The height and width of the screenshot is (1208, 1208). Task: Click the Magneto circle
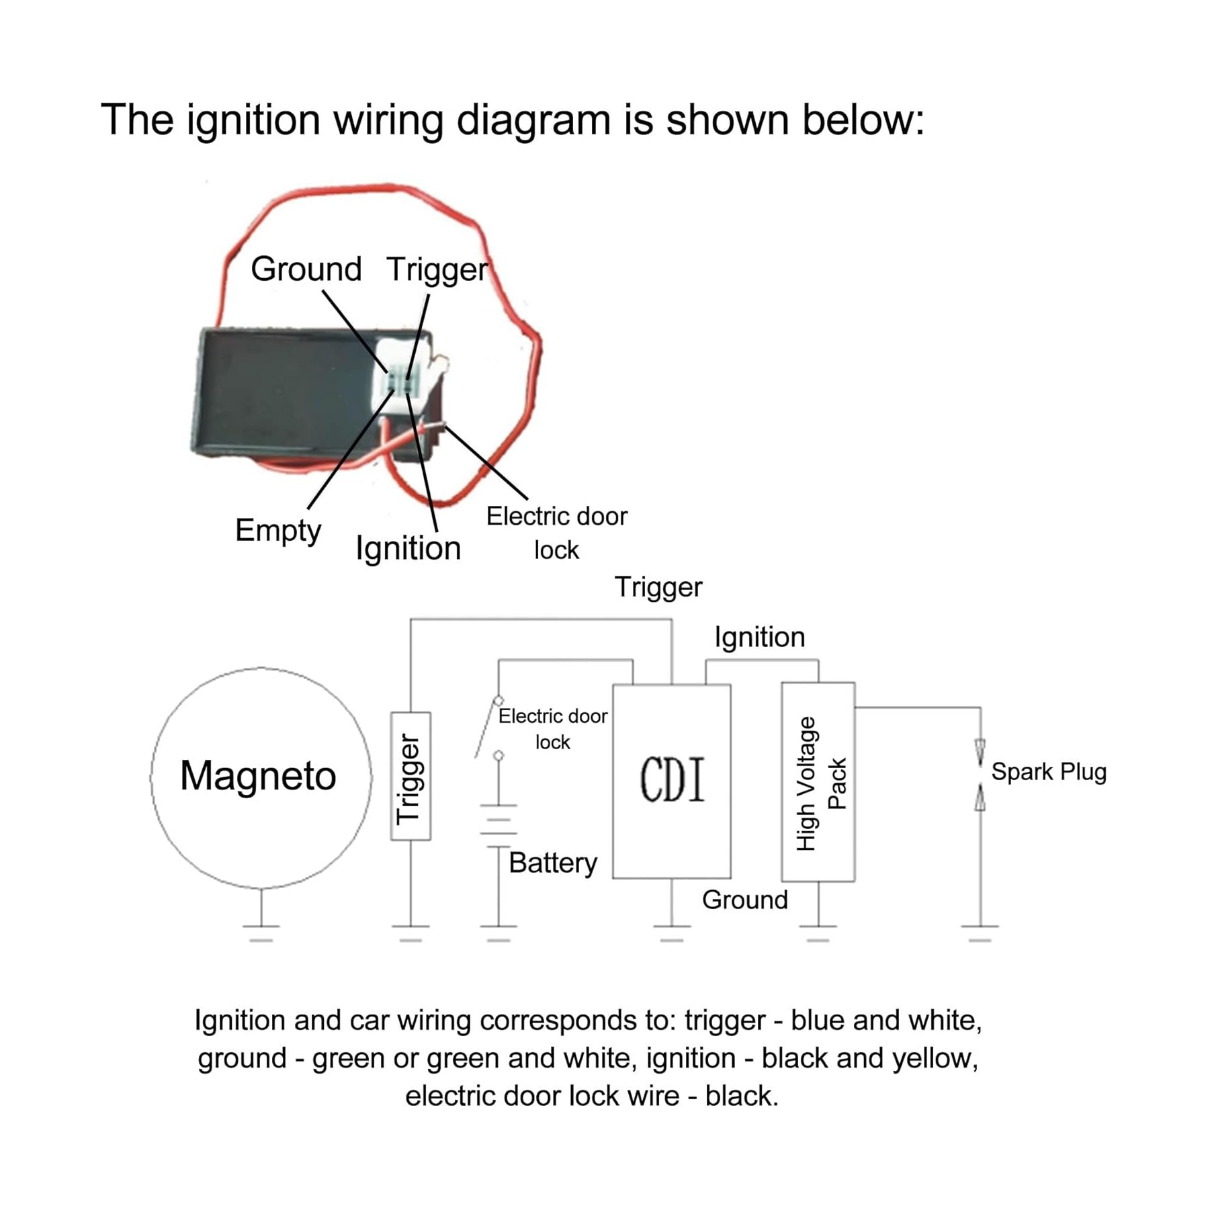(x=261, y=777)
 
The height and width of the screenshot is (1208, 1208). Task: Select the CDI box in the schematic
(x=671, y=781)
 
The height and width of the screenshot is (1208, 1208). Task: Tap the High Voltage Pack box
(x=818, y=782)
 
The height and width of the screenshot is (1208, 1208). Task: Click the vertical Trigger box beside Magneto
(x=411, y=776)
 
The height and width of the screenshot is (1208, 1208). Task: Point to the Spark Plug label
(x=1048, y=772)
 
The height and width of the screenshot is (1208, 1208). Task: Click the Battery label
(x=552, y=863)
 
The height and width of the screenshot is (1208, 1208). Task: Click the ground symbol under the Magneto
(x=261, y=933)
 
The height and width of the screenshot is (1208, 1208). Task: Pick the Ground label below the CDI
(x=744, y=900)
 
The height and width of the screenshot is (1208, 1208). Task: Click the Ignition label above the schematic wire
(x=759, y=637)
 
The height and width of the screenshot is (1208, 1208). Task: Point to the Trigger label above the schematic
(x=658, y=587)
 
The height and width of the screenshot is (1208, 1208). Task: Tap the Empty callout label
(x=278, y=531)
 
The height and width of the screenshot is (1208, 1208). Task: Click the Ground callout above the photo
(x=306, y=269)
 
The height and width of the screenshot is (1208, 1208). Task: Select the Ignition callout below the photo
(x=408, y=548)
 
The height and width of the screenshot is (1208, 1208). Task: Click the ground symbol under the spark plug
(x=980, y=933)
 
